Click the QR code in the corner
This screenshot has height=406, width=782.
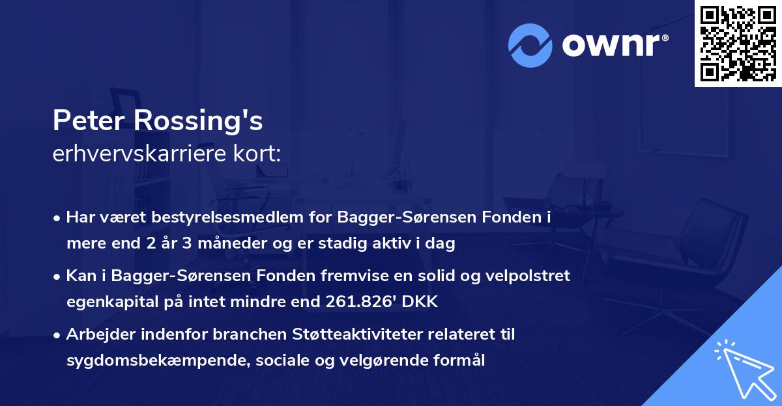737,43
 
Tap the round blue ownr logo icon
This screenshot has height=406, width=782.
530,45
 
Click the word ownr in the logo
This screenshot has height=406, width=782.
614,44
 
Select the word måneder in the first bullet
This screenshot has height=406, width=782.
240,245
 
